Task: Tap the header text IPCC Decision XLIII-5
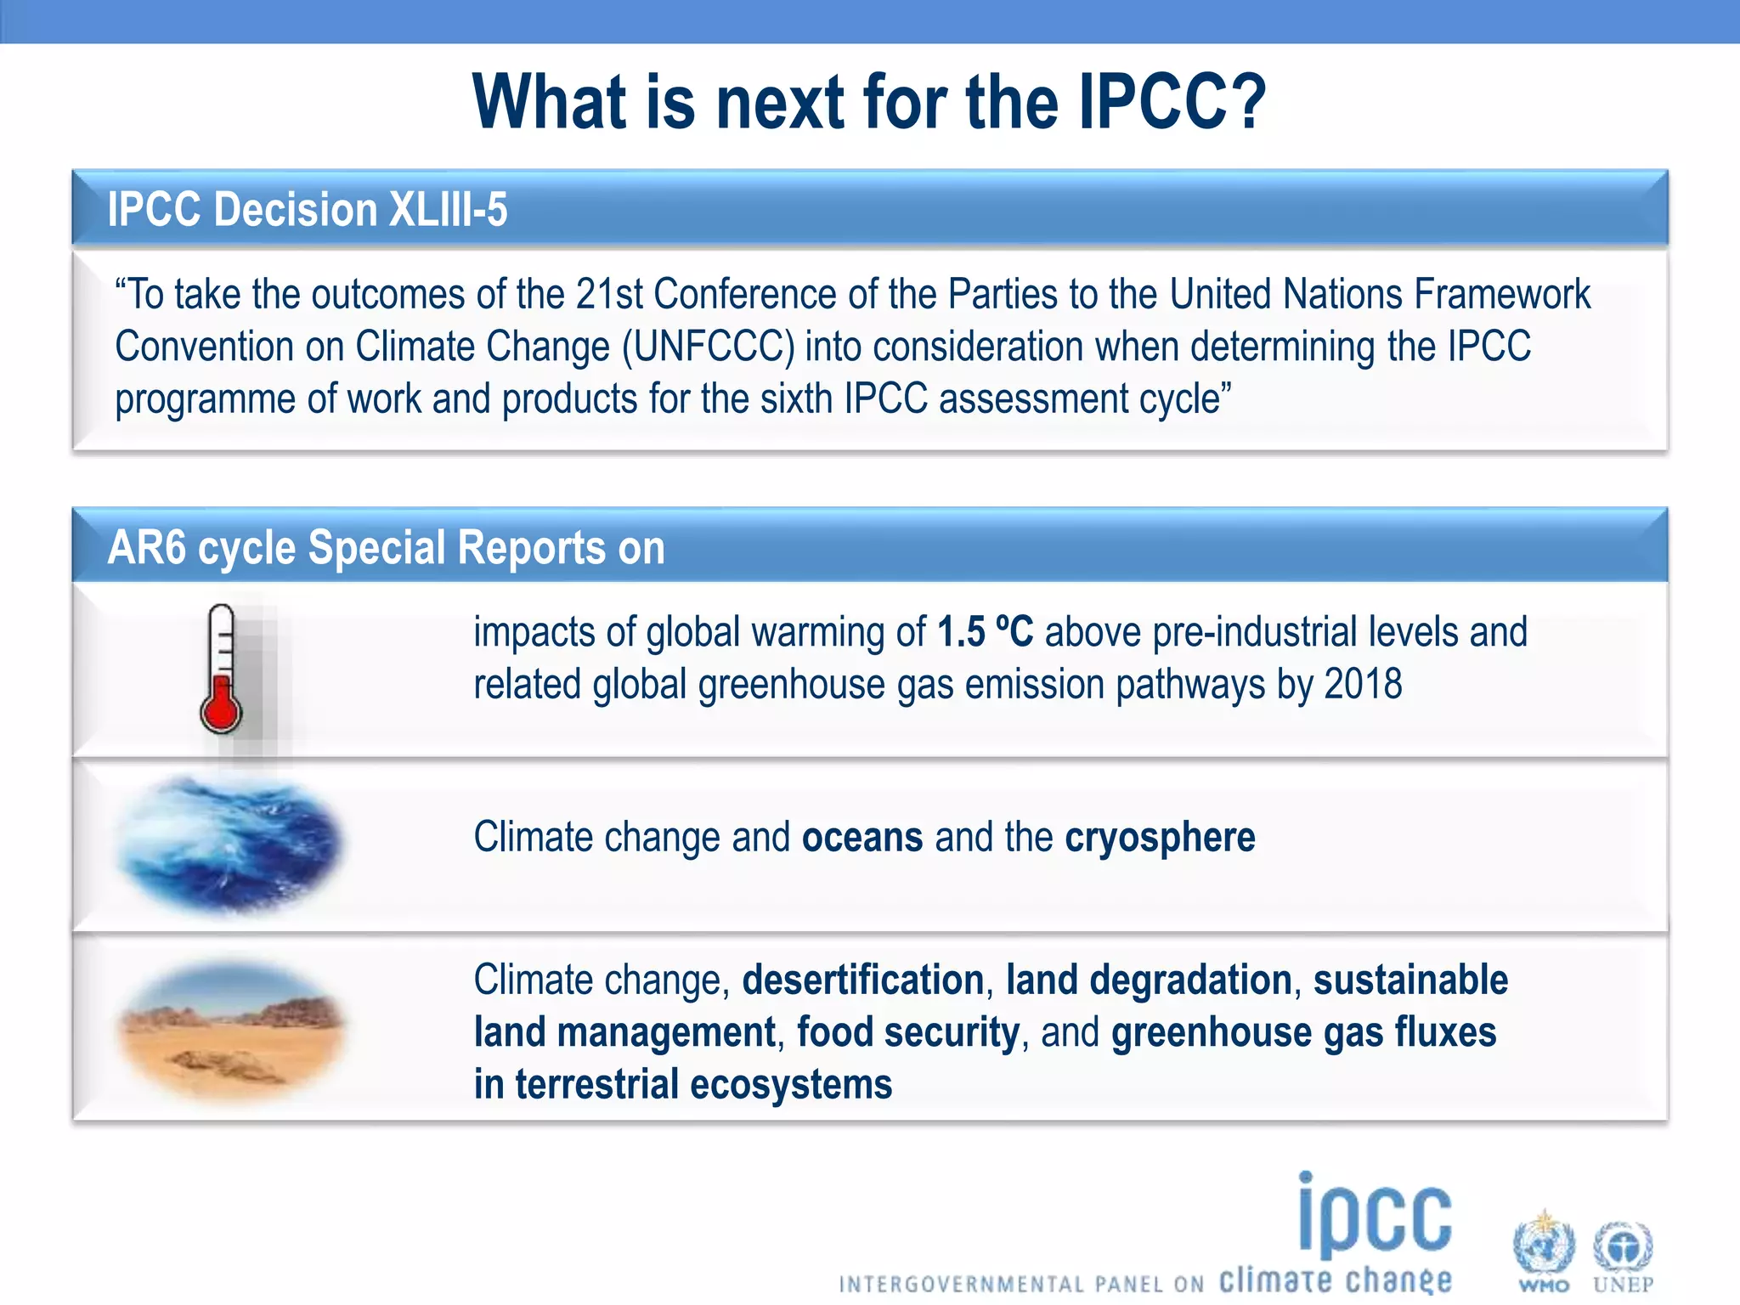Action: pyautogui.click(x=308, y=210)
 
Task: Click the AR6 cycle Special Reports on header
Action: pyautogui.click(x=386, y=548)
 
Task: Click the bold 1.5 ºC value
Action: pyautogui.click(x=986, y=632)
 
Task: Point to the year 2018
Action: pyautogui.click(x=1363, y=685)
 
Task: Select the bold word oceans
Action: pyautogui.click(x=862, y=838)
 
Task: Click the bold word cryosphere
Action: pyautogui.click(x=1160, y=838)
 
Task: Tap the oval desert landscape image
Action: pyautogui.click(x=231, y=1031)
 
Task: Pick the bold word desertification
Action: pyautogui.click(x=863, y=980)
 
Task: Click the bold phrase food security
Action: pyautogui.click(x=907, y=1033)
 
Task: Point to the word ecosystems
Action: pyautogui.click(x=791, y=1085)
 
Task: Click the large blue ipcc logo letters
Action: pyautogui.click(x=1375, y=1217)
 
